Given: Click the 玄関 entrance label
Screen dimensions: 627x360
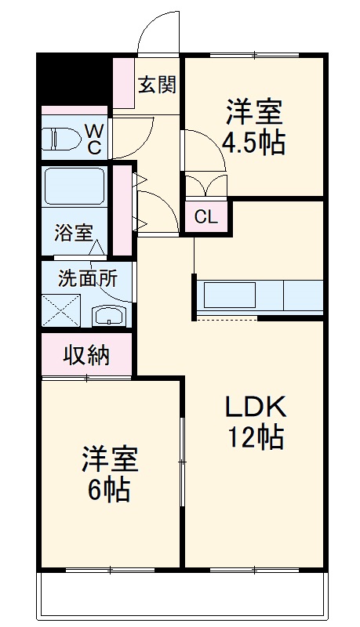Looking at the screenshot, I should point(157,85).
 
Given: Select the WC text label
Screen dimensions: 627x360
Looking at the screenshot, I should point(94,138).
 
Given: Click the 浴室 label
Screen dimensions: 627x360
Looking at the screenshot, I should point(74,233).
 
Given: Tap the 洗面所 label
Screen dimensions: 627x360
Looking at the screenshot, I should point(87,278).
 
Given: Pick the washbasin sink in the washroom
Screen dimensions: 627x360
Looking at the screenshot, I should point(108,316).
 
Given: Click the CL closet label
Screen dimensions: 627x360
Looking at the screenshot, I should point(205,217).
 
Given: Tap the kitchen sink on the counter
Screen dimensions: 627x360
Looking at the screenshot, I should point(231,296).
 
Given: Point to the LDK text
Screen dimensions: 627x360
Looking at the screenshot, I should point(255,407).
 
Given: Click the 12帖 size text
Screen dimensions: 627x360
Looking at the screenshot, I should point(255,437).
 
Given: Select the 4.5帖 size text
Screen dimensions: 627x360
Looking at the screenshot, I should point(253,143).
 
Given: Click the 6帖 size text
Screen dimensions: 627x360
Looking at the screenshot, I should point(110,489).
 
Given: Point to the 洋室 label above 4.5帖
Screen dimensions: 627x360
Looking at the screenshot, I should point(253,112).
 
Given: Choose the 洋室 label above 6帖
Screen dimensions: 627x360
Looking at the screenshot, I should point(110,459).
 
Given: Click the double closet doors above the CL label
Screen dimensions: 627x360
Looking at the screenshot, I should point(206,184).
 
